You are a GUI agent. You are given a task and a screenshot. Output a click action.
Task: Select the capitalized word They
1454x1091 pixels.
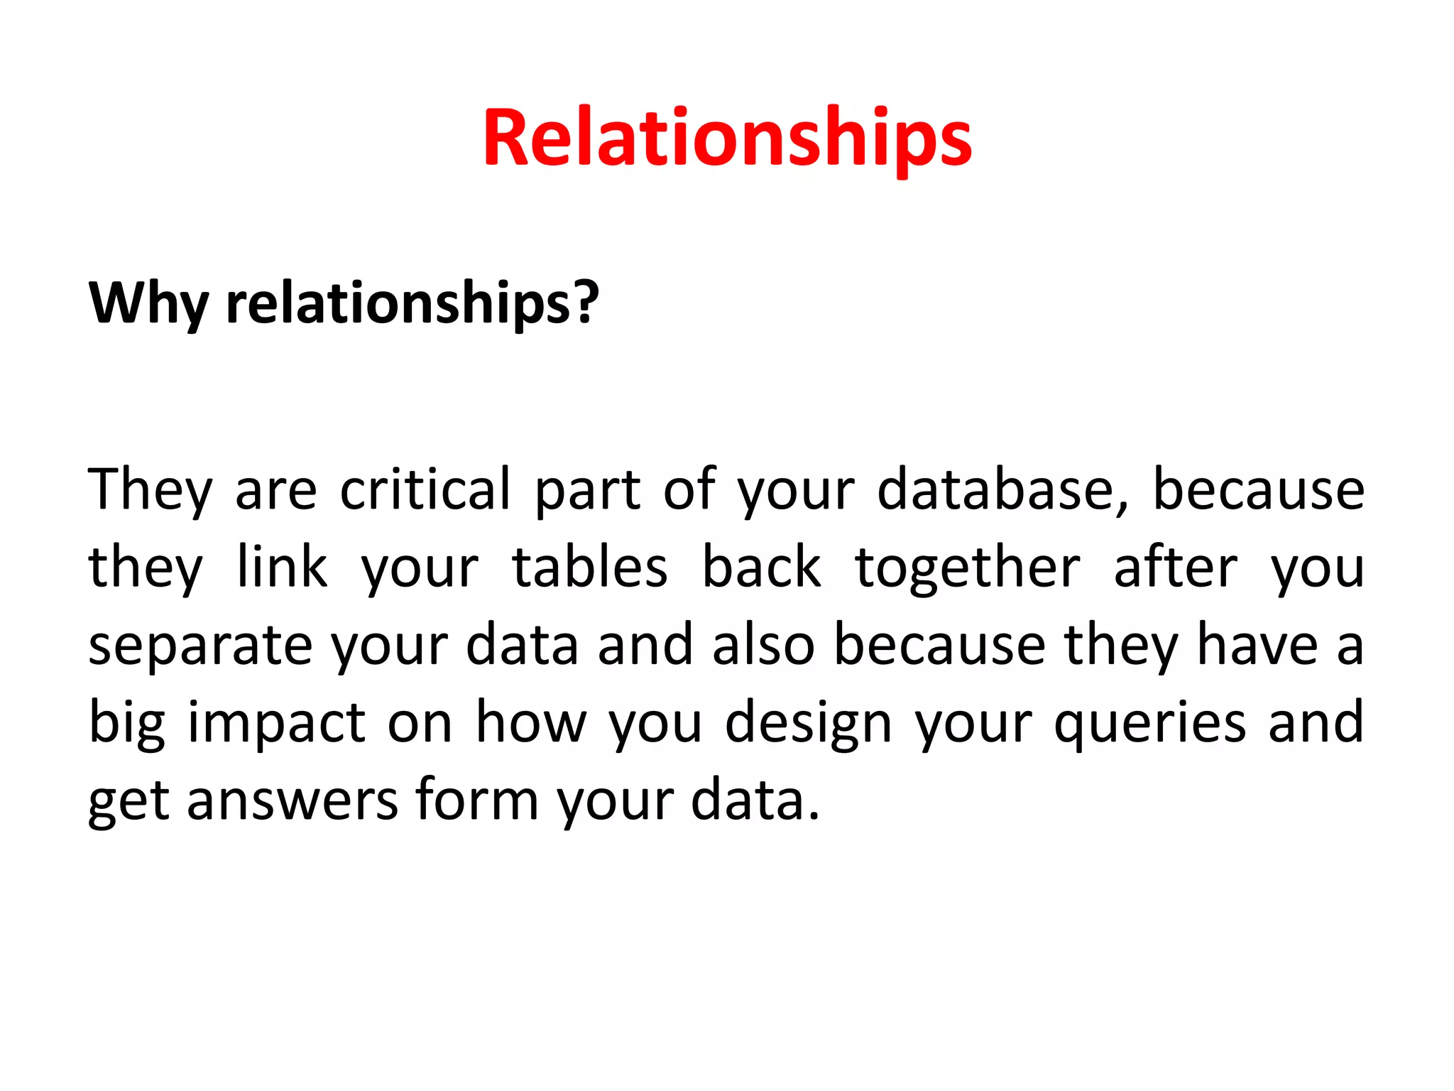(150, 490)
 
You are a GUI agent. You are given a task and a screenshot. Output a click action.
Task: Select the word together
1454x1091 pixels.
(968, 568)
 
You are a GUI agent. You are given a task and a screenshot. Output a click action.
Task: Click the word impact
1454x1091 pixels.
(277, 723)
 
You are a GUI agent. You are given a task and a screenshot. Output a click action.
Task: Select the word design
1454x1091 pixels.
(808, 723)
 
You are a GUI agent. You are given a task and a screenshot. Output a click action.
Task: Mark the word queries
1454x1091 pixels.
(1150, 723)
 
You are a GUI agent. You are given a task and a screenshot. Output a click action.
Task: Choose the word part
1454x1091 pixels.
(589, 490)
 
